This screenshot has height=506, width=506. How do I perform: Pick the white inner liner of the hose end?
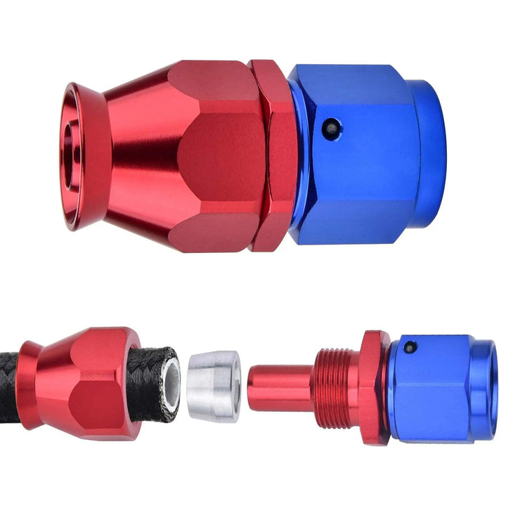pos(169,382)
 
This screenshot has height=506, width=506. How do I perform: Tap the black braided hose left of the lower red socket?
pos(8,383)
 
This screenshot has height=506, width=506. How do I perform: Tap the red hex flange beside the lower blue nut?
pos(372,387)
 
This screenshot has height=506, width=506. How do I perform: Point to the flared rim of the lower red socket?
pos(28,383)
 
